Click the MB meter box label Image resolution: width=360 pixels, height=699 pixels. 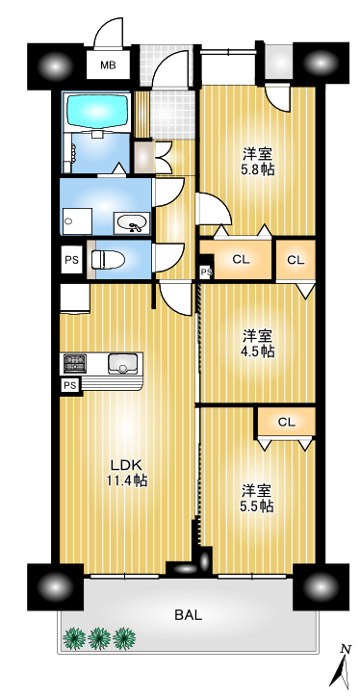pyautogui.click(x=108, y=65)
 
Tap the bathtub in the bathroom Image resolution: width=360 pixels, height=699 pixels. pyautogui.click(x=97, y=111)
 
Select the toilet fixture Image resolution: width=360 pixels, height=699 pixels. pyautogui.click(x=108, y=259)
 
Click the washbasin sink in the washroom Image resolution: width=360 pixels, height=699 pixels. pyautogui.click(x=132, y=222)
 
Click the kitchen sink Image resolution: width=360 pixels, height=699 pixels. pyautogui.click(x=122, y=363)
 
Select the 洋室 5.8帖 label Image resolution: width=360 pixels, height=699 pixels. pyautogui.click(x=258, y=162)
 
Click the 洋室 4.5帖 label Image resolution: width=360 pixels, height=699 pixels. pyautogui.click(x=258, y=344)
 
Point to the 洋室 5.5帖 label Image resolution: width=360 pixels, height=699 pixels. pyautogui.click(x=258, y=499)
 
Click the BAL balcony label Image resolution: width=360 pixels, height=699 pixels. pyautogui.click(x=188, y=615)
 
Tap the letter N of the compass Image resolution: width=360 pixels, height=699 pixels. pyautogui.click(x=344, y=649)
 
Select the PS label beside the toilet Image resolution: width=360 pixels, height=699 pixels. pyautogui.click(x=71, y=259)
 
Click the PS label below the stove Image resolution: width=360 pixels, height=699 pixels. pyautogui.click(x=69, y=385)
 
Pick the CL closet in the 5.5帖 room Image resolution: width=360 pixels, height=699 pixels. pyautogui.click(x=287, y=422)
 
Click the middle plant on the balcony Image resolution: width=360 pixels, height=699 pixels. pyautogui.click(x=99, y=638)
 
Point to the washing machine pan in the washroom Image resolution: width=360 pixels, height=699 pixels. pyautogui.click(x=78, y=221)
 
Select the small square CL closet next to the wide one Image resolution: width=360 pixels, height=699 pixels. pyautogui.click(x=296, y=260)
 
